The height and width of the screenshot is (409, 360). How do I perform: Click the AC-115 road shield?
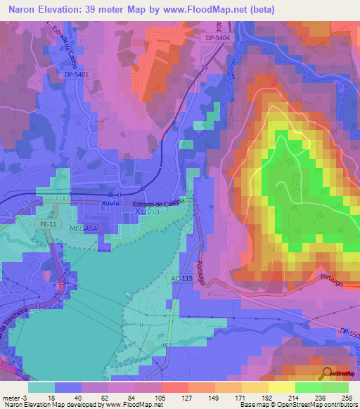click(181, 279)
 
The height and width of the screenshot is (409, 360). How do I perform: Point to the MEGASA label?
click(84, 229)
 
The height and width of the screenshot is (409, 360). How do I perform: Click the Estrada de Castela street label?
click(158, 202)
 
